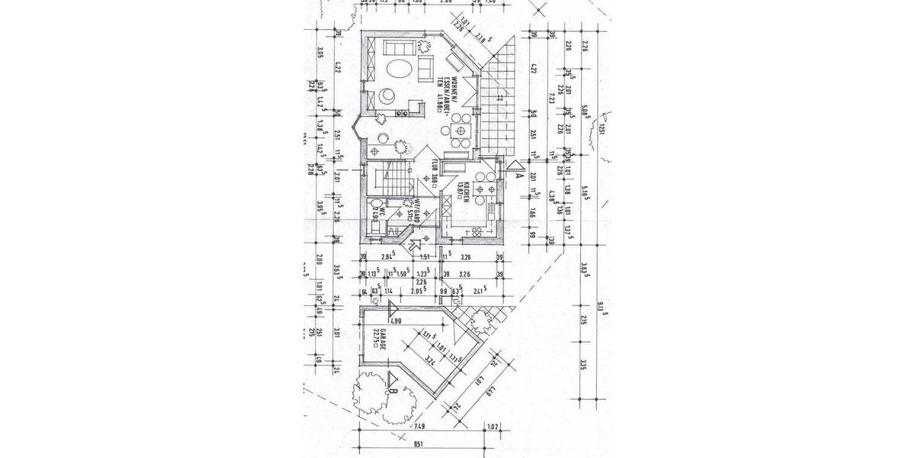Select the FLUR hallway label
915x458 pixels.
tap(434, 173)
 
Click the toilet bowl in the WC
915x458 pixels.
tap(371, 205)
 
